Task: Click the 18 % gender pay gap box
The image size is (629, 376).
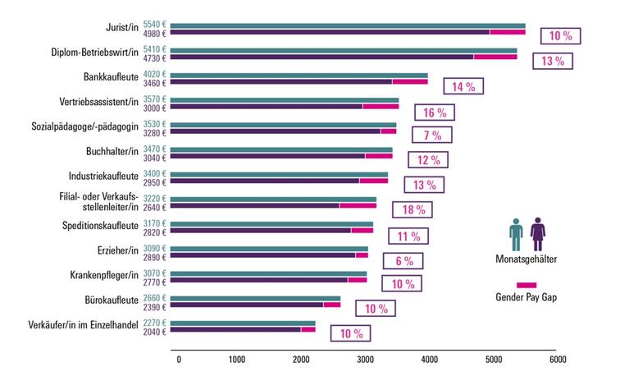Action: (x=413, y=210)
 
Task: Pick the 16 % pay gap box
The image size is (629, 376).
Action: (x=435, y=112)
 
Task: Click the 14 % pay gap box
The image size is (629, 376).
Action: (x=463, y=85)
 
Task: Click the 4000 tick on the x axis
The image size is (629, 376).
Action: (x=430, y=360)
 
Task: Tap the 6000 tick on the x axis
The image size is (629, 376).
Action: (x=556, y=360)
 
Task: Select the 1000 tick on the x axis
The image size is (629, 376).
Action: (x=238, y=360)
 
